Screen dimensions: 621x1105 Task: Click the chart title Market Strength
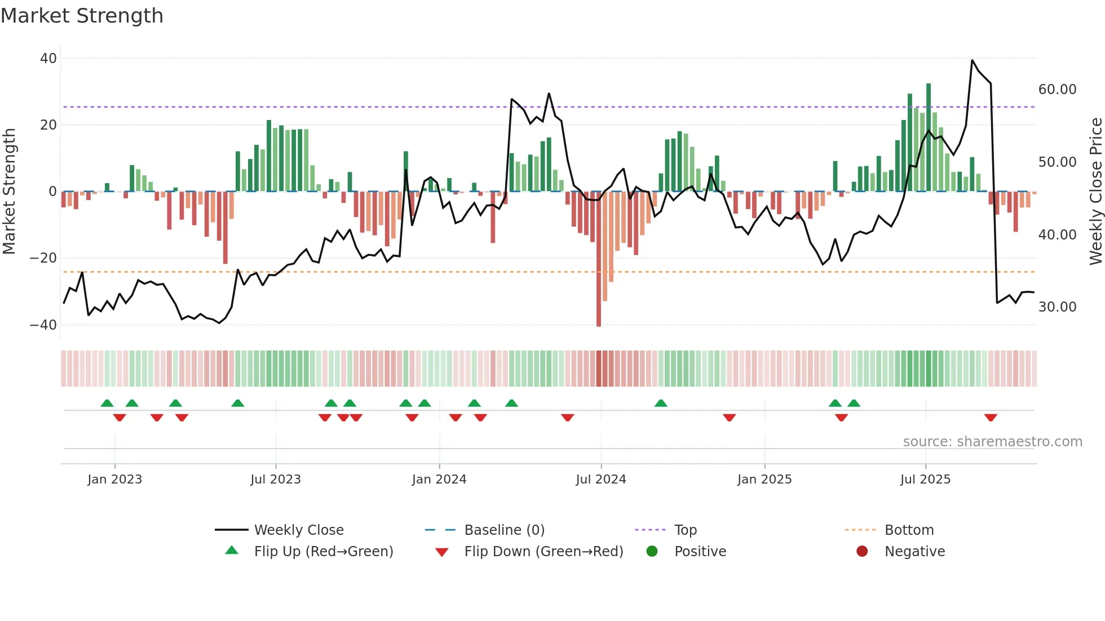coord(82,16)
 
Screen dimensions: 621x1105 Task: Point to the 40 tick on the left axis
coord(48,59)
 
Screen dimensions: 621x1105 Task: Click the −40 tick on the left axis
coord(43,325)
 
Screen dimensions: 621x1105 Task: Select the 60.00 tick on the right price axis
coord(1057,90)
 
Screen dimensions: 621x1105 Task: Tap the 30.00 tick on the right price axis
coord(1057,307)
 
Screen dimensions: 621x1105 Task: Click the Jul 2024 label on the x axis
coord(600,480)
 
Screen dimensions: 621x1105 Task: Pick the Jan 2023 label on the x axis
coord(114,480)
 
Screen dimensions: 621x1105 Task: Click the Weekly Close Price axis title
coord(1095,191)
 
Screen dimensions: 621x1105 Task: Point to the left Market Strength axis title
coord(9,191)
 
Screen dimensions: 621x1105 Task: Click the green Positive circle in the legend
coord(652,552)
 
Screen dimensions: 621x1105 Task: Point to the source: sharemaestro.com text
coord(992,442)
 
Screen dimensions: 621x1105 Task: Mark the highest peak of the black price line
coord(973,60)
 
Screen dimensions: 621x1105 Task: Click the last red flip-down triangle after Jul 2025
coord(991,418)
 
